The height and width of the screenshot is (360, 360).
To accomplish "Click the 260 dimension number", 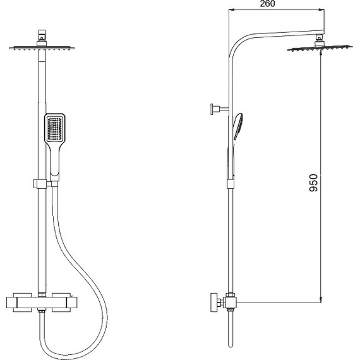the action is (267, 4).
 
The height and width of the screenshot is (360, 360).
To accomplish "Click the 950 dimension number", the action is (314, 183).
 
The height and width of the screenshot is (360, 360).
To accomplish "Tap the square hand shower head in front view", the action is (55, 128).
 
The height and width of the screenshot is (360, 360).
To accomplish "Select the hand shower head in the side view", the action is (238, 126).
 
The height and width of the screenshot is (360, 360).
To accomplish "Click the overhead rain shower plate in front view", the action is (42, 48).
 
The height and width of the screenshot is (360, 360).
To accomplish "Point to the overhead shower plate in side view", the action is (320, 49).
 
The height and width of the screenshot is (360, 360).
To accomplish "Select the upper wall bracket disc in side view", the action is (212, 109).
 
